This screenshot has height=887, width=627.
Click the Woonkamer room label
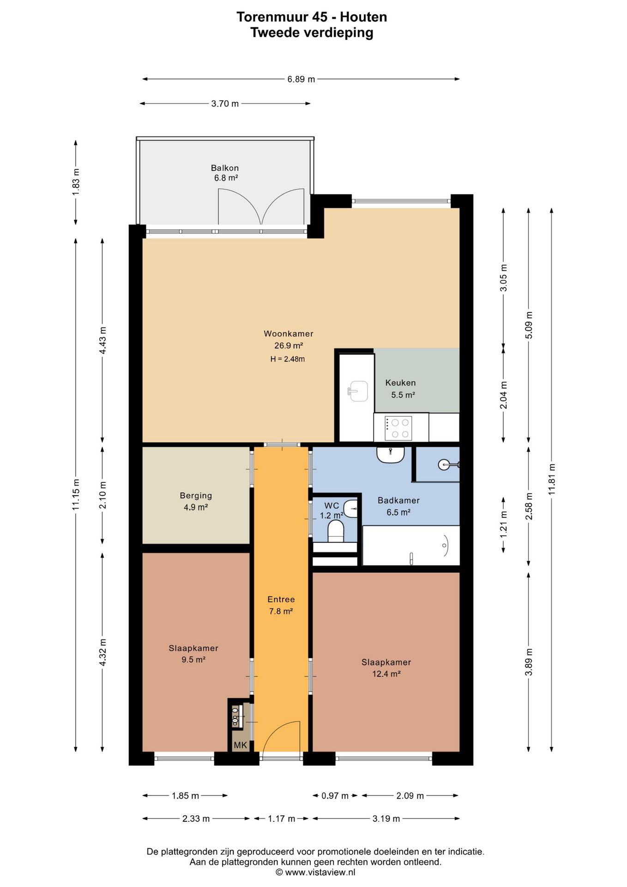(x=288, y=334)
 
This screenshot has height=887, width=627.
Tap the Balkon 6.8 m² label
(x=225, y=173)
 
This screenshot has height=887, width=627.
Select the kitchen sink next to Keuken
(x=358, y=391)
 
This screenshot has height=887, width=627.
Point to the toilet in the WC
(x=336, y=531)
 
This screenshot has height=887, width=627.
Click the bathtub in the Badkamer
(x=411, y=546)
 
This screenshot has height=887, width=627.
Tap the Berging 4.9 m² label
(x=196, y=501)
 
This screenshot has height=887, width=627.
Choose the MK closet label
(x=240, y=745)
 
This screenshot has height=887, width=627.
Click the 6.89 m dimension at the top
(x=301, y=79)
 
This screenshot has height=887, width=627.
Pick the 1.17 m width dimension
(x=281, y=819)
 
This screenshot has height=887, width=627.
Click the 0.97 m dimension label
(x=335, y=796)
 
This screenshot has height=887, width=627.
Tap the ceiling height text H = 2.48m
(x=288, y=359)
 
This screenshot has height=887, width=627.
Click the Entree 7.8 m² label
(x=281, y=605)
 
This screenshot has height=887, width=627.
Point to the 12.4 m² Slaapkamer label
(x=386, y=668)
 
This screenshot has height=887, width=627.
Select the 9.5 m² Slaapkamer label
(x=193, y=654)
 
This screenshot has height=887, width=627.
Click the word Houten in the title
(x=363, y=17)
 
